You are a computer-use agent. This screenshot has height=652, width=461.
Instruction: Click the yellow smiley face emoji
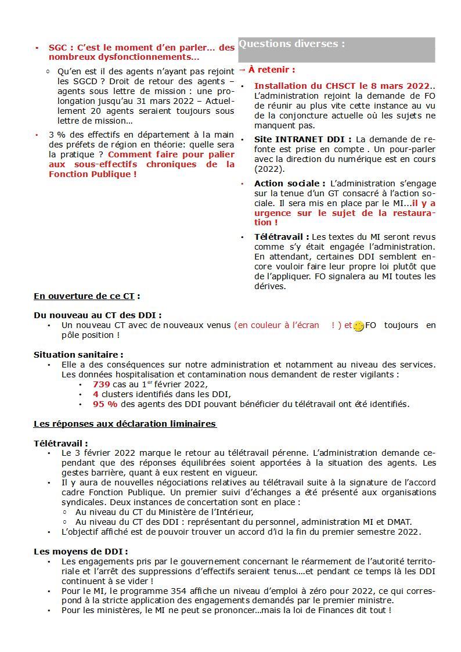(x=359, y=326)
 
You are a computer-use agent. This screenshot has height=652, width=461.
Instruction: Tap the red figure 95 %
(x=105, y=404)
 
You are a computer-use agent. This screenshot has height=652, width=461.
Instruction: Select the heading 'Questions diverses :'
(x=292, y=44)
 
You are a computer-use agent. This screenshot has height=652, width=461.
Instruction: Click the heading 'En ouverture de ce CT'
(x=84, y=296)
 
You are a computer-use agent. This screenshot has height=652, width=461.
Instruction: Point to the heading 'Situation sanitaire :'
(x=78, y=354)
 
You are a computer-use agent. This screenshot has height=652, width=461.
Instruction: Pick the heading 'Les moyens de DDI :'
(x=81, y=551)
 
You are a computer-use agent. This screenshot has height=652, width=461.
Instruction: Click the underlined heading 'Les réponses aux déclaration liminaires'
(x=125, y=424)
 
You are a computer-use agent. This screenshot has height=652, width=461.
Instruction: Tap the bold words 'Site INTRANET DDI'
(x=302, y=139)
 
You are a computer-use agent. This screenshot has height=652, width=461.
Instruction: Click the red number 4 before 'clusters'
(x=95, y=394)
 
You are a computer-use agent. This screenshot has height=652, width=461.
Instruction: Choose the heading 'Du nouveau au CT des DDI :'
(x=98, y=315)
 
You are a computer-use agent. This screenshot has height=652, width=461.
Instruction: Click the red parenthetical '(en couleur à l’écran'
(x=276, y=325)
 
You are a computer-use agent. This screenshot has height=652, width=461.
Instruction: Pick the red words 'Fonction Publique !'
(x=93, y=174)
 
